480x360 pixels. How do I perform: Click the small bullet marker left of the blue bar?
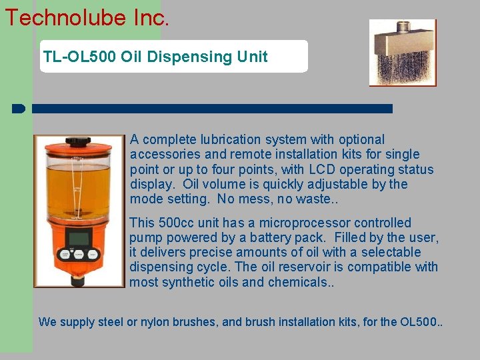click(x=18, y=108)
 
